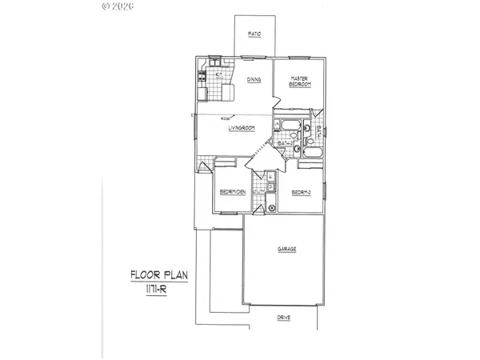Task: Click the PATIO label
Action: click(x=255, y=34)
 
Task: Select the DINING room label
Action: click(x=254, y=79)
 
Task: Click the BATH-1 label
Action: click(x=318, y=133)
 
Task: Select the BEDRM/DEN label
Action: click(x=231, y=192)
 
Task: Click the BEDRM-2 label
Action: click(x=301, y=192)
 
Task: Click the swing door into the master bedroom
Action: click(x=277, y=102)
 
